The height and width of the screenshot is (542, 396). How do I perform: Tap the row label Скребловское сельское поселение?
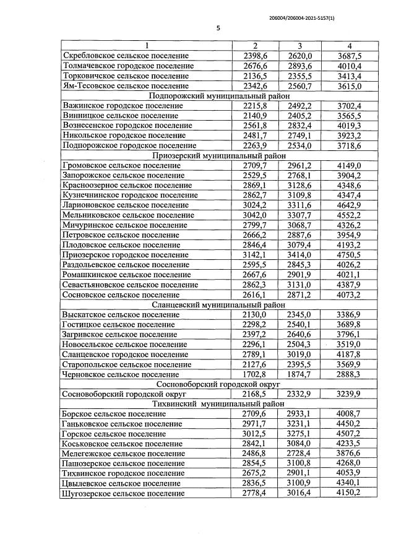tap(126, 56)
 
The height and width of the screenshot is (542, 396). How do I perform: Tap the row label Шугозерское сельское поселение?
tap(123, 494)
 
